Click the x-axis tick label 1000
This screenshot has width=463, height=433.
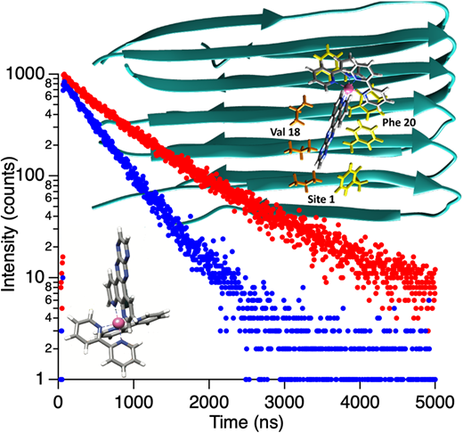tap(134, 403)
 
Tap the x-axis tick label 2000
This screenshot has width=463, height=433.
tap(209, 403)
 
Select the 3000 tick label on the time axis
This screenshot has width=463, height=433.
tap(284, 403)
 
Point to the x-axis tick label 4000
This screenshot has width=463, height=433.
tap(360, 403)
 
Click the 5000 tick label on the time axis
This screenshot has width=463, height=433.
tap(435, 403)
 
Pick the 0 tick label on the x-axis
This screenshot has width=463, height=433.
tap(58, 403)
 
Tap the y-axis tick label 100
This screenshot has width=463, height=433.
tap(30, 176)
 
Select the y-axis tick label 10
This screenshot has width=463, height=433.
tap(35, 277)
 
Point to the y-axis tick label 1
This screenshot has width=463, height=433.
tap(41, 380)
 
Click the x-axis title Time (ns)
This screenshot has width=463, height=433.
tap(247, 422)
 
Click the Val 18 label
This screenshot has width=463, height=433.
tap(285, 132)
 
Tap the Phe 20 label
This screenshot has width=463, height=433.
tap(399, 122)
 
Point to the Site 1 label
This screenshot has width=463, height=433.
tap(321, 199)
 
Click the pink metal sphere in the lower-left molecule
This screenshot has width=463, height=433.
tap(118, 323)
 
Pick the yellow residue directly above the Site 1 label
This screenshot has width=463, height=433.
tap(351, 179)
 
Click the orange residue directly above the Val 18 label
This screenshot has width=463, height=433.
tap(300, 110)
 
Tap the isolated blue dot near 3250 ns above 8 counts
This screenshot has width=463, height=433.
tap(303, 288)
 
